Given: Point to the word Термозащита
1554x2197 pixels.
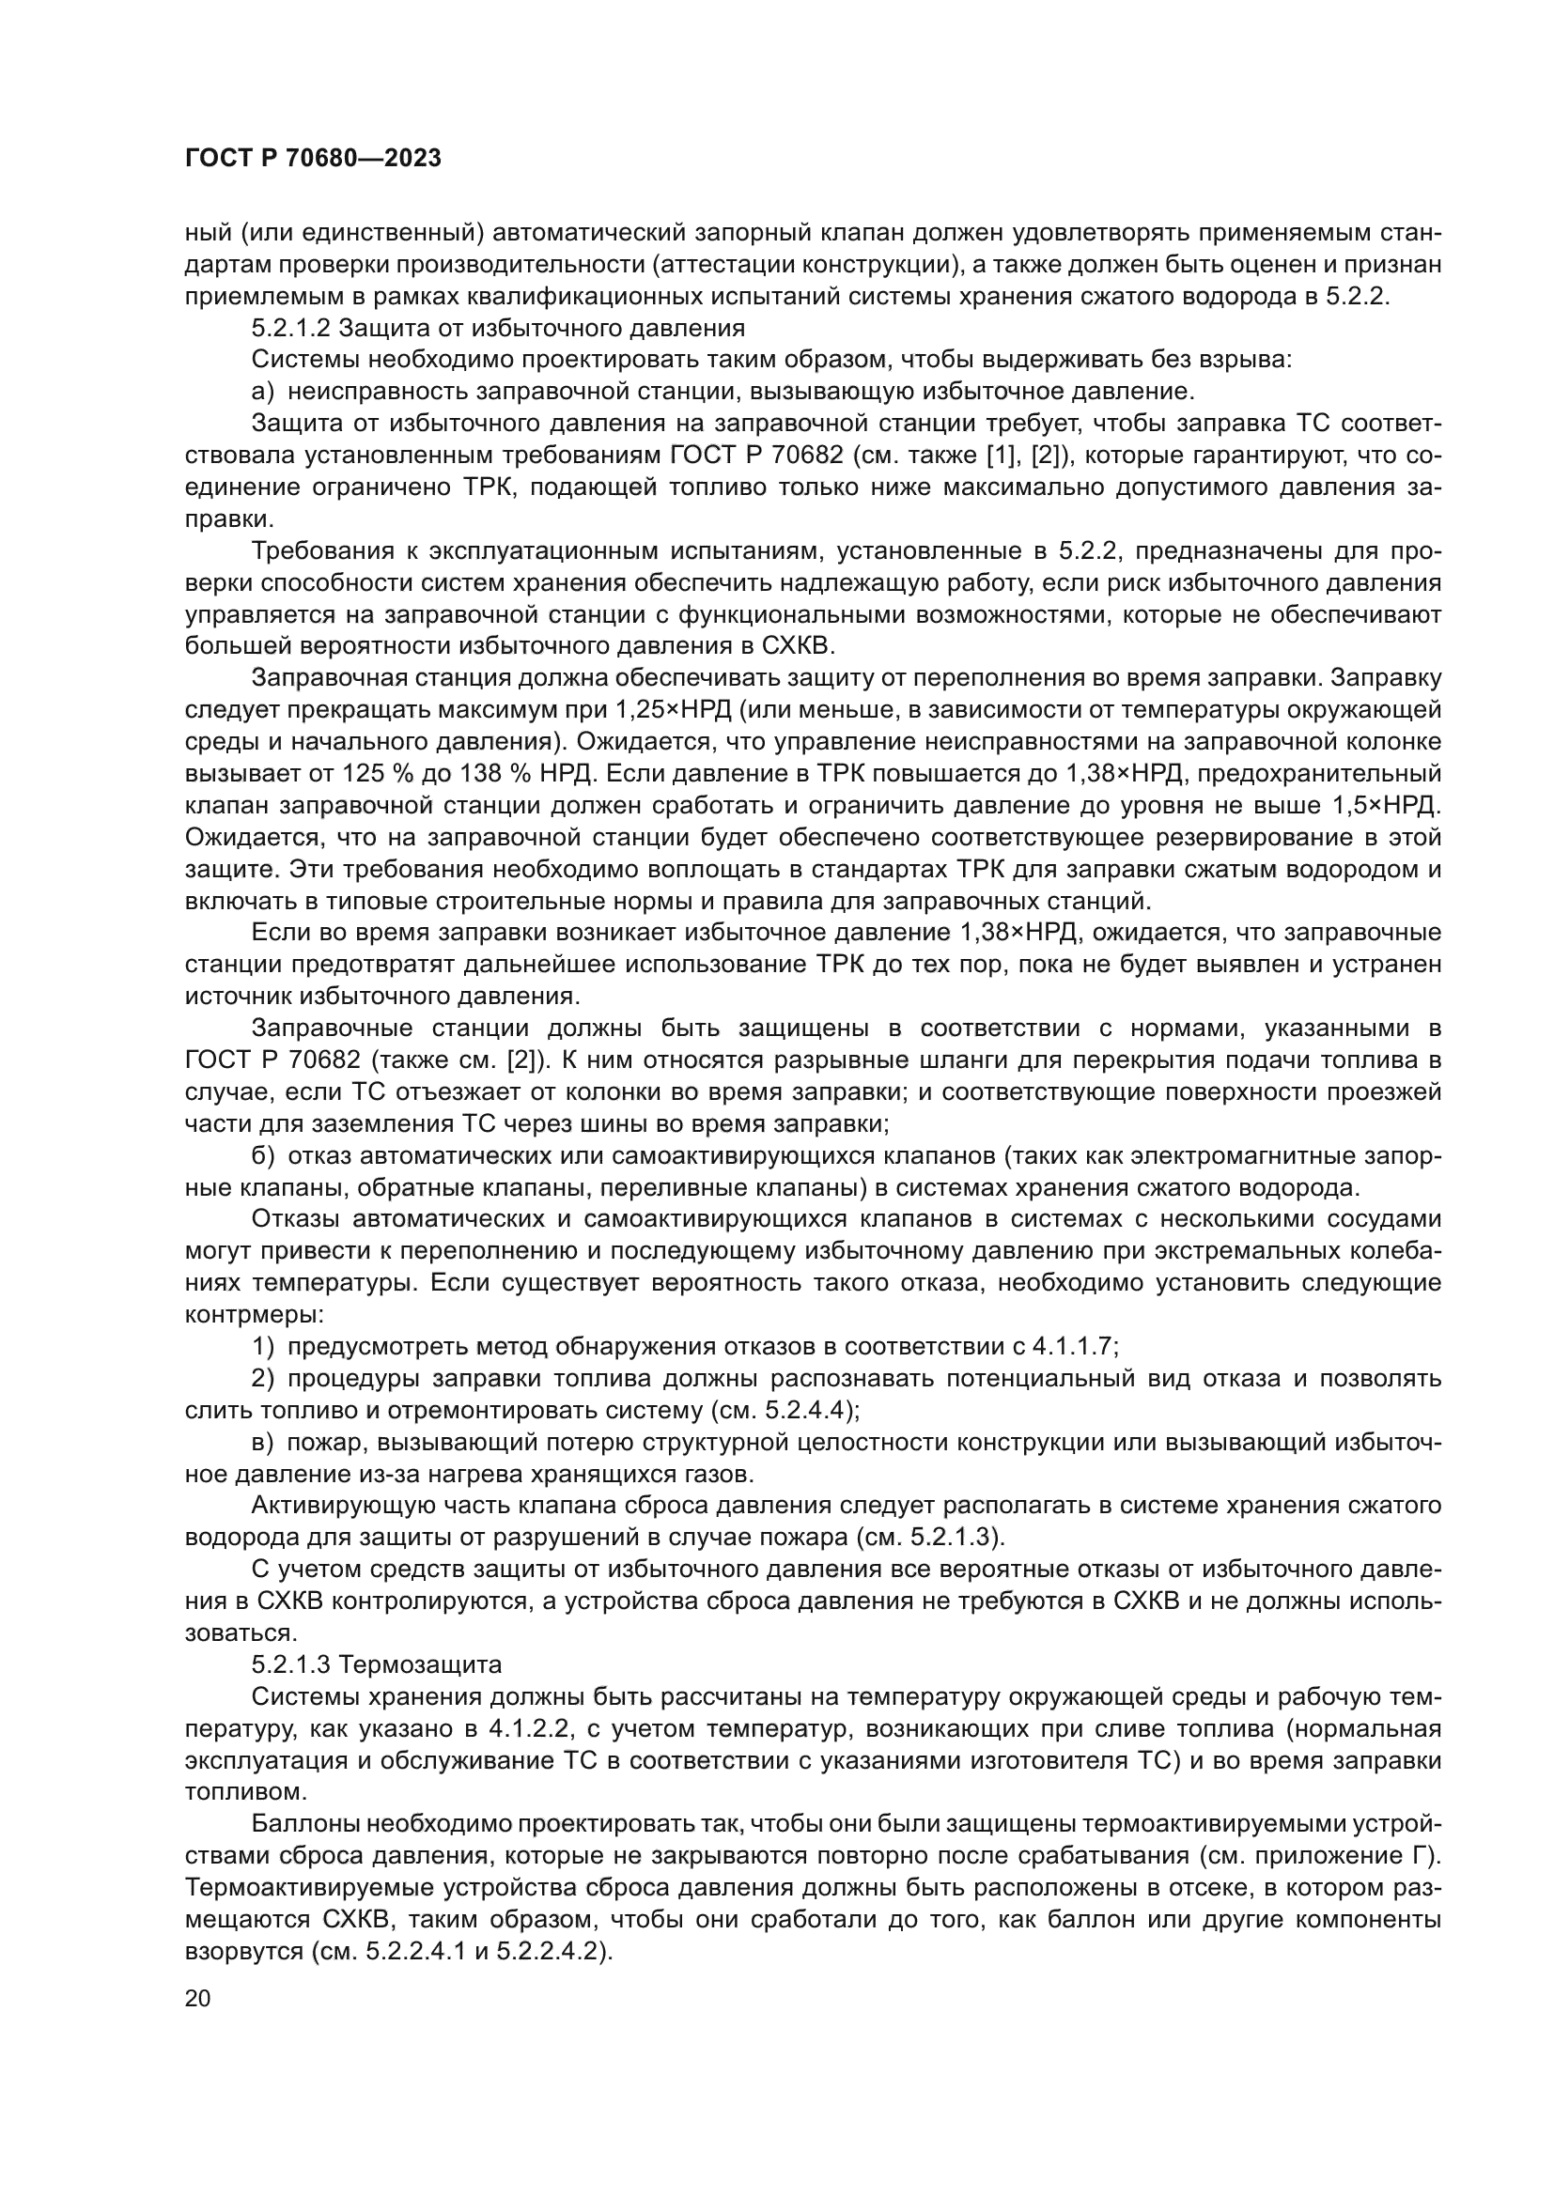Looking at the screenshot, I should click(x=420, y=1665).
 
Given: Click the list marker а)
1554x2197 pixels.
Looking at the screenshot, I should click(x=263, y=392).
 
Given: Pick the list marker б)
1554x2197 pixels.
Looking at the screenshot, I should click(x=263, y=1156).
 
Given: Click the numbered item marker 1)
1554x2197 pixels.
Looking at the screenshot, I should click(x=263, y=1346).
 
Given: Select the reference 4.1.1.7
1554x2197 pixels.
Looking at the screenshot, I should click(x=1072, y=1346).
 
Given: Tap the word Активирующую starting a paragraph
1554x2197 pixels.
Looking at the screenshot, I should click(x=331, y=1506).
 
